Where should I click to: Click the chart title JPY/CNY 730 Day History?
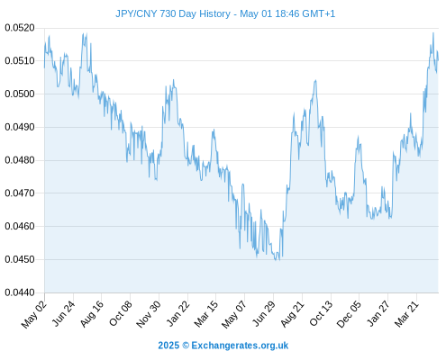pos(173,13)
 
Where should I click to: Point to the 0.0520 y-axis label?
pos(20,28)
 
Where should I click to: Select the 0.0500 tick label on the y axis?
pos(20,94)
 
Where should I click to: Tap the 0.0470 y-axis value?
pos(20,193)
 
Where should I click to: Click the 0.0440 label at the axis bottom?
pos(20,292)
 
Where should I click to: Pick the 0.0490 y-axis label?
pos(20,127)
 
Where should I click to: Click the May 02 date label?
pos(34,314)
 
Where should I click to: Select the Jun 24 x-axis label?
pos(63,313)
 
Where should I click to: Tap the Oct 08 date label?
pos(121,313)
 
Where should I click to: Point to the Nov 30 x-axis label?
pos(149,314)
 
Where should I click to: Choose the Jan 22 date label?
pos(178,313)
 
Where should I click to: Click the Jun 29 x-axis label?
pos(263,313)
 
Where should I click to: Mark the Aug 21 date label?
pos(292,313)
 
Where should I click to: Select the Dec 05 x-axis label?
pos(349,314)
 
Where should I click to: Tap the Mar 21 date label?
pos(406,313)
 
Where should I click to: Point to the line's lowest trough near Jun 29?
pos(276,260)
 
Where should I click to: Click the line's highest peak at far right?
pos(433,33)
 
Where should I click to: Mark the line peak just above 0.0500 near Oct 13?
pos(315,80)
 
